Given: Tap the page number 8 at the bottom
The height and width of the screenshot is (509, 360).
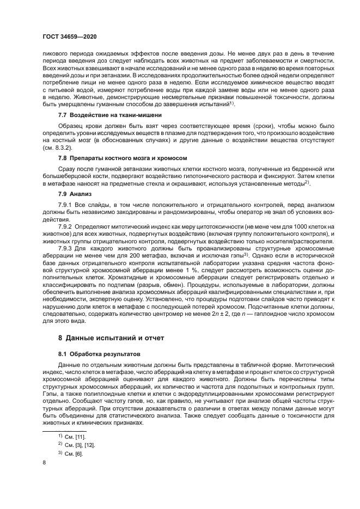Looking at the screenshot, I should pos(44,462).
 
